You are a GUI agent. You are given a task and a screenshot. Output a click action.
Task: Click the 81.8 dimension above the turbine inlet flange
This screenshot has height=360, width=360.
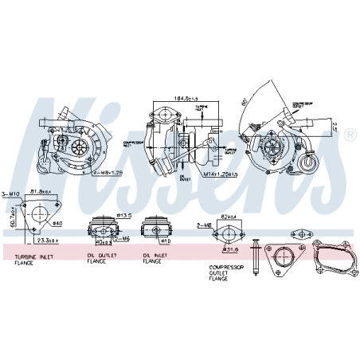click(x=38, y=191)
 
